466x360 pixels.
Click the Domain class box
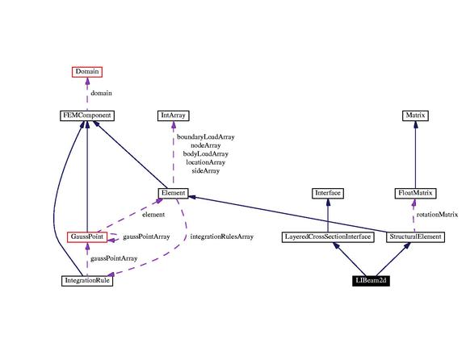[x=87, y=72]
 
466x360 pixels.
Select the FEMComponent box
[x=87, y=115]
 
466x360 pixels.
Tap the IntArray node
[x=174, y=115]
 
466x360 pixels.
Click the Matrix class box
[x=415, y=115]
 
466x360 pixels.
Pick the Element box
[x=174, y=194]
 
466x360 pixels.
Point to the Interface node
[x=328, y=194]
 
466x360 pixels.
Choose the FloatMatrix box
[x=415, y=194]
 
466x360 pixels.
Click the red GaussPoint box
[x=87, y=237]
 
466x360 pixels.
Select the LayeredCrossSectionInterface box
[x=328, y=237]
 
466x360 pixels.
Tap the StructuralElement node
[x=415, y=237]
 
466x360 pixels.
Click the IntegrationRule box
[x=87, y=281]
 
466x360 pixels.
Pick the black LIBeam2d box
[x=371, y=281]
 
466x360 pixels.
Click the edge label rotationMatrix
[x=437, y=215]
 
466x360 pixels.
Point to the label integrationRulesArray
[x=222, y=237]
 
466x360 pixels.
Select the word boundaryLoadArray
[x=206, y=137]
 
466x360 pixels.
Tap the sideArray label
[x=206, y=171]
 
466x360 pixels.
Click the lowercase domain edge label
[x=101, y=94]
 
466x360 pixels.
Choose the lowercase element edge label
[x=153, y=215]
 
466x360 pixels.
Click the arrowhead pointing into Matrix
[x=415, y=125]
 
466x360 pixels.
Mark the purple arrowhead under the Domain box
[x=87, y=81]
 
